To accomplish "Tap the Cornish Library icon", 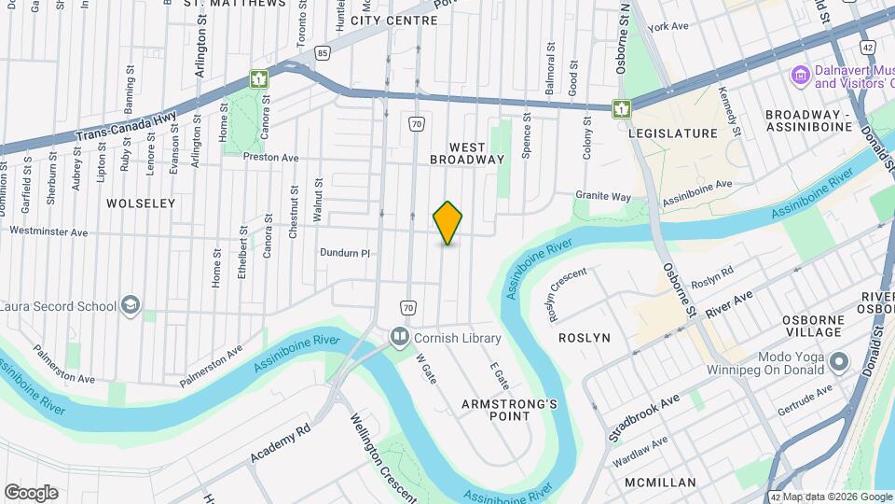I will pos(400,336).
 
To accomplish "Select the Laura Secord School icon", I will pos(131,305).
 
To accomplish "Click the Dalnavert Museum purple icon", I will pos(799,75).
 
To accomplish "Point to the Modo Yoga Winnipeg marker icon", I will pos(839,360).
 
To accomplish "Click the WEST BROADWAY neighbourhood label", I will pos(468,154).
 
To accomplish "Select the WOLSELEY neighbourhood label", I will pos(141,203).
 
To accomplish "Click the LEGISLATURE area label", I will pos(673,133).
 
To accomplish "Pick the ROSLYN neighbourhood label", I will pos(584,337).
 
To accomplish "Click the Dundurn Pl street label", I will pos(345,252).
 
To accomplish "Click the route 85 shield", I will pos(322,54).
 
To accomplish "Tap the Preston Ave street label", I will pos(270,158).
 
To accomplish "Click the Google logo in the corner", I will pos(31,492).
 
